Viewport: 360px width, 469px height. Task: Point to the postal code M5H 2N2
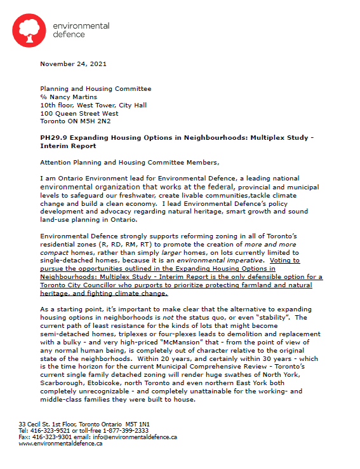[97, 121]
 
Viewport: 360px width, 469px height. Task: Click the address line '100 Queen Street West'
[79, 112]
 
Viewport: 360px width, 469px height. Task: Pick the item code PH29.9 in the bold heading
[55, 137]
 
